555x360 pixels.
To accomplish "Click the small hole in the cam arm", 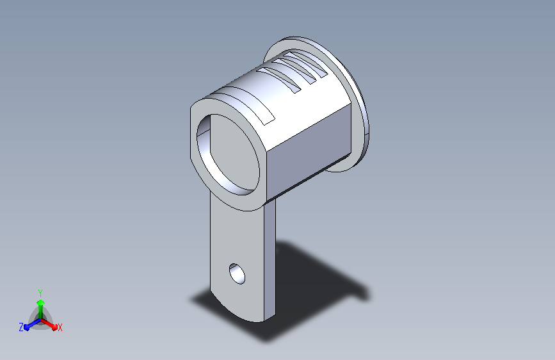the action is click(x=237, y=274).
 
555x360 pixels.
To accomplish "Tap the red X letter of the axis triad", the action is click(x=60, y=328).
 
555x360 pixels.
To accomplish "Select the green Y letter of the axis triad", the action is click(x=40, y=293).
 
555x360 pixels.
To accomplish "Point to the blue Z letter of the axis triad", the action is click(x=21, y=327).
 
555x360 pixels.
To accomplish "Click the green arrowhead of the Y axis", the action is click(x=41, y=303).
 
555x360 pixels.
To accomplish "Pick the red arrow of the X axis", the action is click(x=49, y=323).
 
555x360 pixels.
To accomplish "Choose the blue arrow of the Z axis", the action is click(x=33, y=324).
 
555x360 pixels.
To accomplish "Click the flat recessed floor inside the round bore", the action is click(x=232, y=152).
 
